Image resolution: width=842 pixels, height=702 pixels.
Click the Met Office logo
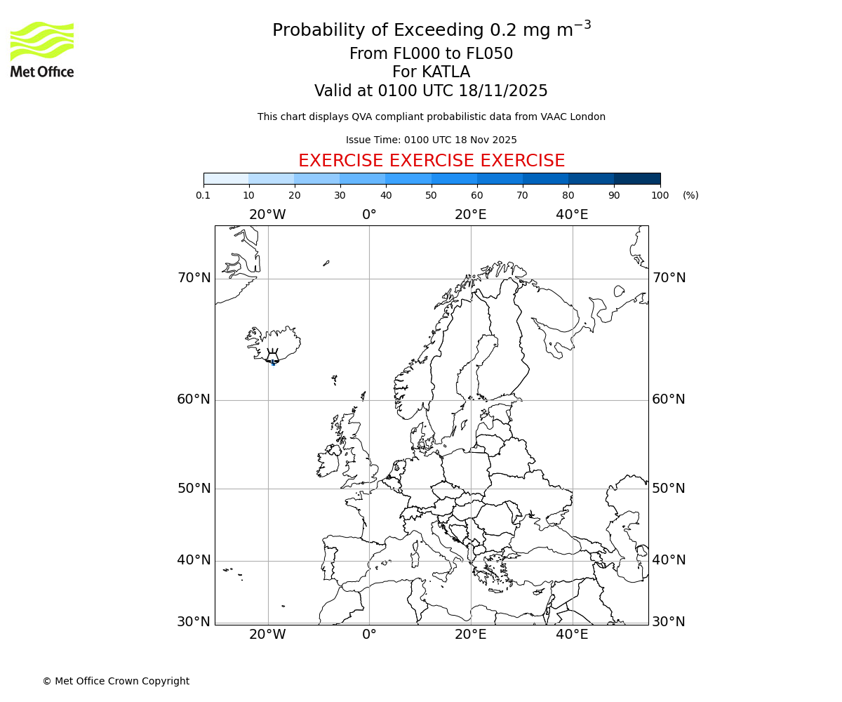point(42,49)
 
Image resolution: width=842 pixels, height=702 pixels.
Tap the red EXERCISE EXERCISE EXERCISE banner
point(432,161)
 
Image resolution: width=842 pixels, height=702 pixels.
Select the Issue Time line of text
point(432,140)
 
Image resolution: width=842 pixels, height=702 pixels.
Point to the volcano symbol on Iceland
point(272,356)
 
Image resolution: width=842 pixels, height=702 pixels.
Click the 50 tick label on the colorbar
point(432,195)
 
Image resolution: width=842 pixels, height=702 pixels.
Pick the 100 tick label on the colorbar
point(660,195)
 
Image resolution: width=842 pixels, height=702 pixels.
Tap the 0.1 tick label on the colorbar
point(203,195)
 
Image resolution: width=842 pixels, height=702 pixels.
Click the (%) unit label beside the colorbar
point(690,195)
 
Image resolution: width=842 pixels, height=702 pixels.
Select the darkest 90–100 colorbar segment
point(637,178)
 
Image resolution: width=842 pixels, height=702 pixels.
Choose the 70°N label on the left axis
point(194,278)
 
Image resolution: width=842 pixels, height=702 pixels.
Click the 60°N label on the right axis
point(669,399)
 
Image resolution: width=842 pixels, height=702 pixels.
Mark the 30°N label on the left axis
point(194,622)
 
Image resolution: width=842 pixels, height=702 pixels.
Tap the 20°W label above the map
point(267,215)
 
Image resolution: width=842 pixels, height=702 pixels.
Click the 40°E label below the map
point(572,635)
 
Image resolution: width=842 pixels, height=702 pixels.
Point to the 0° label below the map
point(369,635)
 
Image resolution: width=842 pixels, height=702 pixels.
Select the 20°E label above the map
point(470,215)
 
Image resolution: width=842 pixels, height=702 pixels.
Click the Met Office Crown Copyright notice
point(116,681)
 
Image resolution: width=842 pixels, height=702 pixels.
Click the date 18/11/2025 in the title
point(503,91)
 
